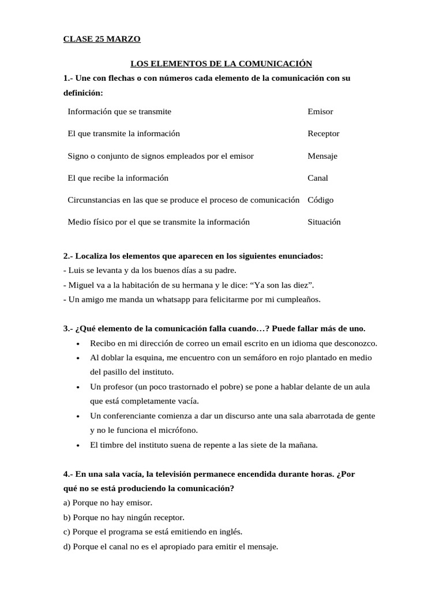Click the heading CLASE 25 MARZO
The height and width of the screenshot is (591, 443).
click(x=102, y=39)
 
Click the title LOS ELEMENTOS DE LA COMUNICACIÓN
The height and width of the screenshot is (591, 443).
click(x=221, y=63)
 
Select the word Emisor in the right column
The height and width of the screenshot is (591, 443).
click(x=320, y=111)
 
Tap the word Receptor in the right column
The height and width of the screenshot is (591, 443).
click(x=324, y=133)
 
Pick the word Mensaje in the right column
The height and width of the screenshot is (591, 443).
click(x=322, y=156)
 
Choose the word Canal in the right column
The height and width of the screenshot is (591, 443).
click(x=318, y=178)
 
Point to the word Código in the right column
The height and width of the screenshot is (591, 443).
click(x=321, y=200)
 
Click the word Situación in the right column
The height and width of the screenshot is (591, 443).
click(x=324, y=222)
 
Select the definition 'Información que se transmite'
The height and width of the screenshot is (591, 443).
click(x=119, y=111)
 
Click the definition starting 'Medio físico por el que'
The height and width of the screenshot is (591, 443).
click(x=159, y=222)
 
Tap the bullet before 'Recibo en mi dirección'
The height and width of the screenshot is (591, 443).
click(x=78, y=343)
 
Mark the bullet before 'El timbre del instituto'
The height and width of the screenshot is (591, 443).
click(x=78, y=445)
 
